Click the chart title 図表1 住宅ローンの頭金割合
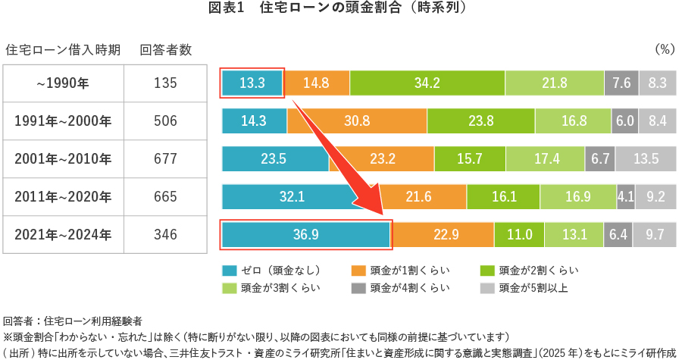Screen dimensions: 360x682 [x=341, y=10]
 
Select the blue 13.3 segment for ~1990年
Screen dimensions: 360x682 [x=252, y=83]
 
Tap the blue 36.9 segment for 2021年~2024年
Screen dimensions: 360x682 [x=305, y=234]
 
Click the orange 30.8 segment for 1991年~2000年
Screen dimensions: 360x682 [x=356, y=121]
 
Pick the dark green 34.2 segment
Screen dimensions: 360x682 [x=427, y=83]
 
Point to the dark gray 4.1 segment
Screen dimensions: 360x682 [x=625, y=196]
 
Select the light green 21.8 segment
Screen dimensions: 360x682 [x=554, y=83]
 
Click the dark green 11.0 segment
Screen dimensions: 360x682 [x=519, y=234]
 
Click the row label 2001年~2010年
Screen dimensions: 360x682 [x=63, y=158]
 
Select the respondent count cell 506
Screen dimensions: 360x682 [x=164, y=121]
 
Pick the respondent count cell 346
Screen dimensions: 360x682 [x=164, y=234]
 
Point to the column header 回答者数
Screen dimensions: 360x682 [x=165, y=50]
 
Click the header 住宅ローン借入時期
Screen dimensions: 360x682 [x=63, y=50]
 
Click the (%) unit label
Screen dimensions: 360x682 [x=664, y=50]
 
